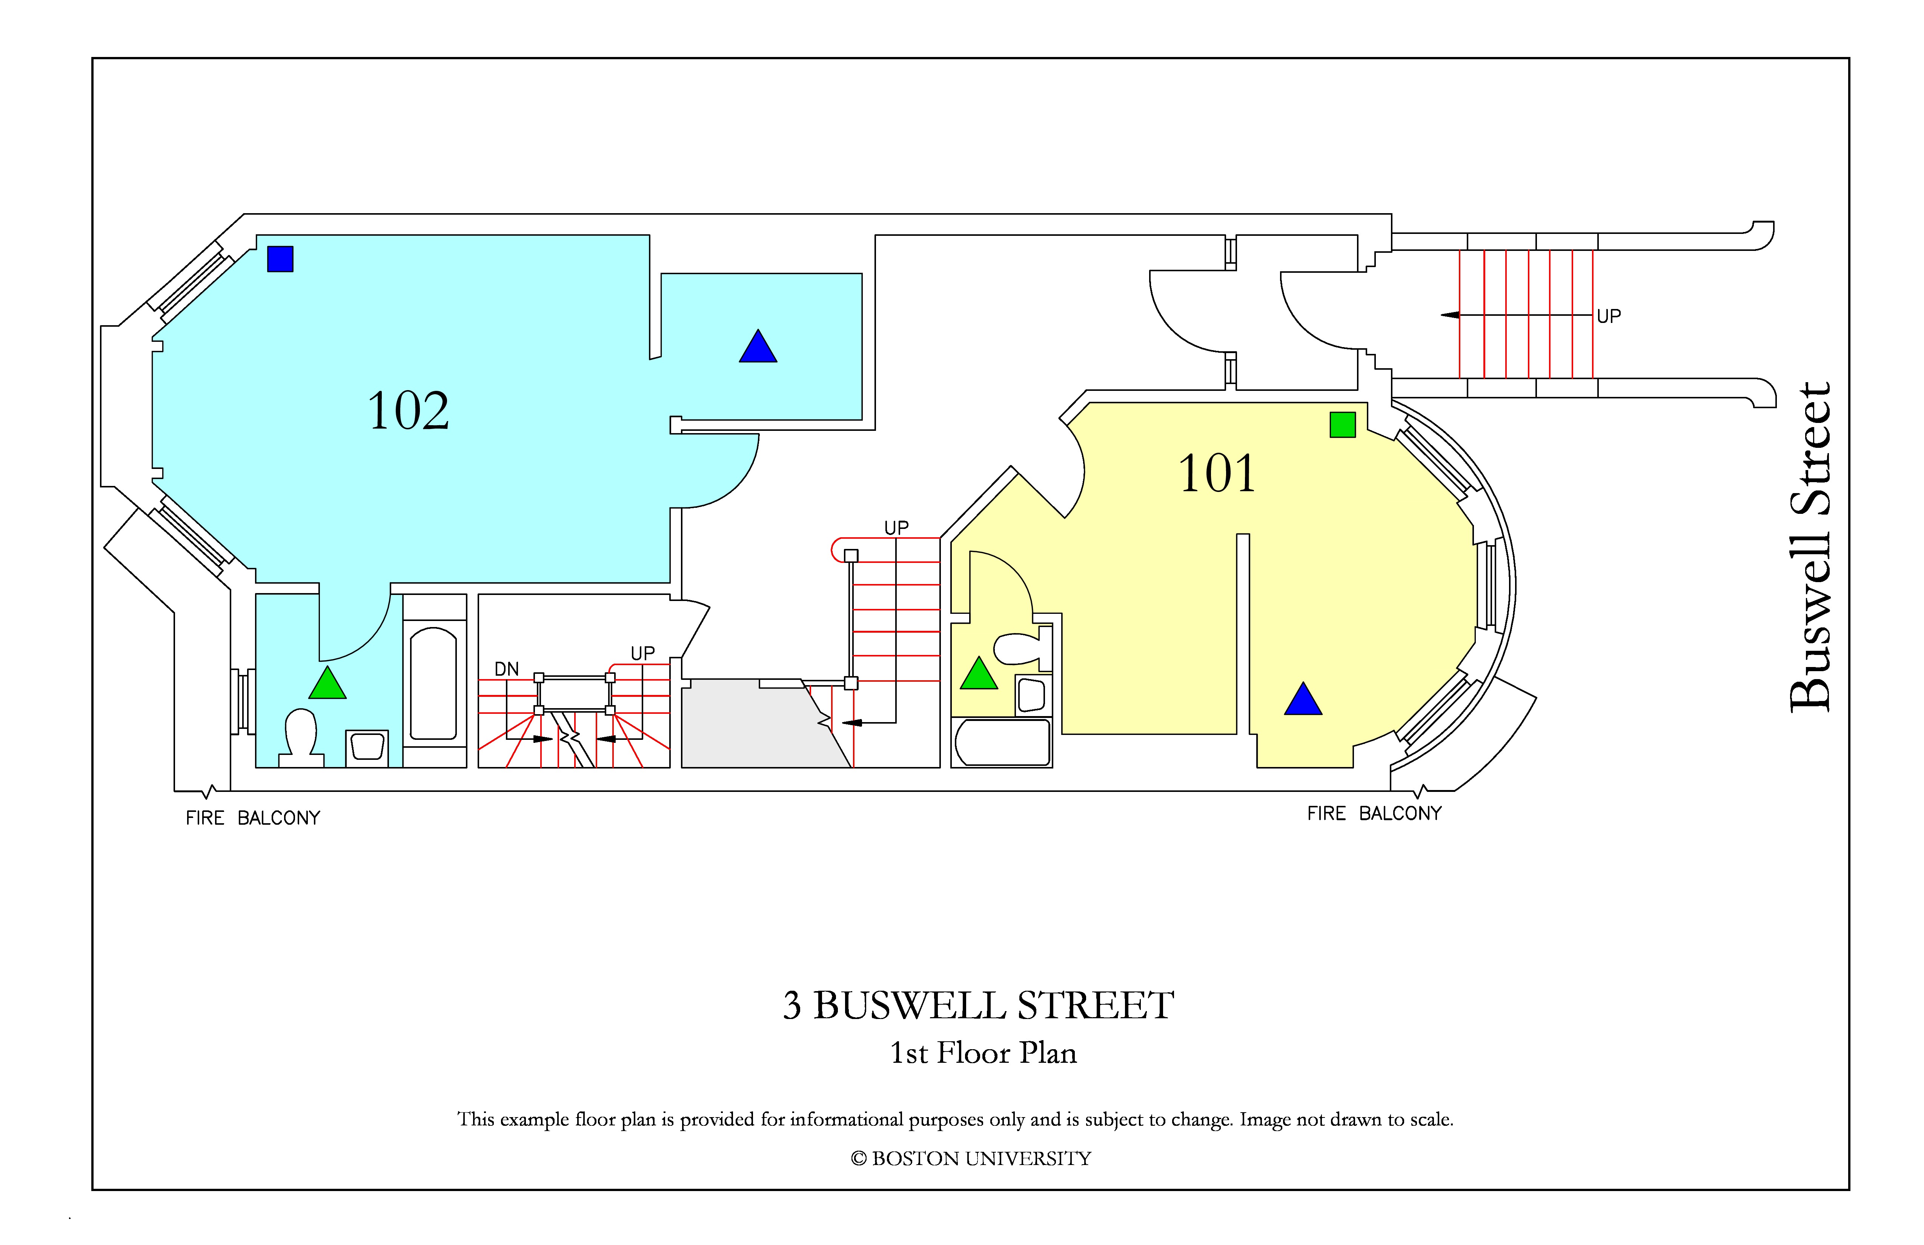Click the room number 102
408,411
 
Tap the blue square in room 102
281,259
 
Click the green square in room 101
1343,424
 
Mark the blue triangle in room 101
1303,699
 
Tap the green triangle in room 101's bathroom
979,673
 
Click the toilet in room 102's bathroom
301,737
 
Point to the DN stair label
507,669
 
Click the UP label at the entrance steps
1609,316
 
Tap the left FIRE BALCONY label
253,818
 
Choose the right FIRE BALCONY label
1374,813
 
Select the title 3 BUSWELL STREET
978,1006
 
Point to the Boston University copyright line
971,1159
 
